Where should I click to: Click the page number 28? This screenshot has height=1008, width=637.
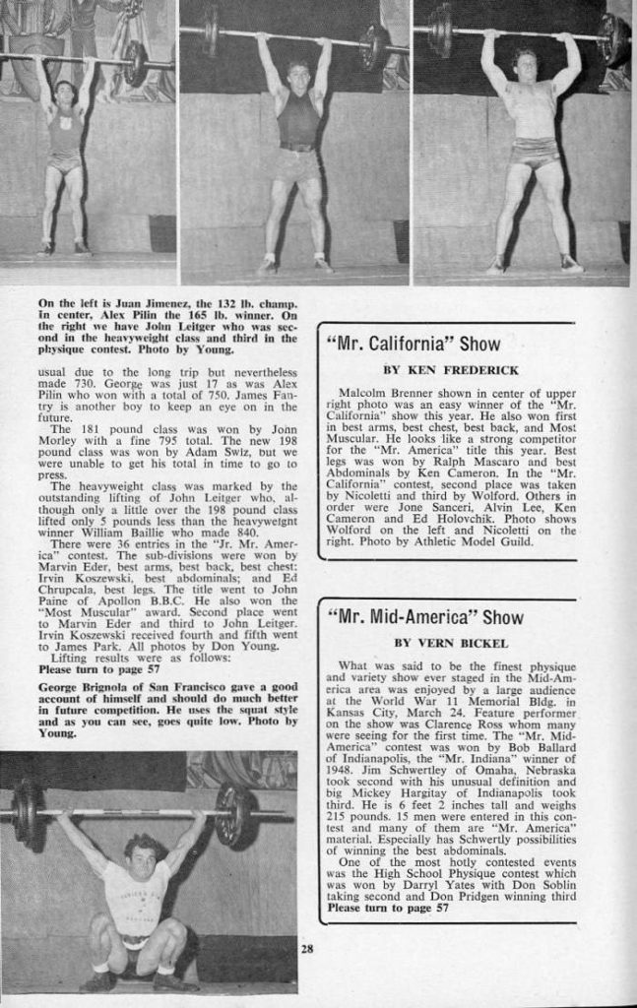tap(307, 949)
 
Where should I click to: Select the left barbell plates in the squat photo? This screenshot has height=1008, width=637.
tap(27, 810)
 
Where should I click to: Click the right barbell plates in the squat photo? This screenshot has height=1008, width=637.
tap(234, 814)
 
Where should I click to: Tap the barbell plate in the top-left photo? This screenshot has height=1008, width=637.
tap(134, 63)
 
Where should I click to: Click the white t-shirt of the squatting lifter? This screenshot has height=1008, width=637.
tap(138, 897)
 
